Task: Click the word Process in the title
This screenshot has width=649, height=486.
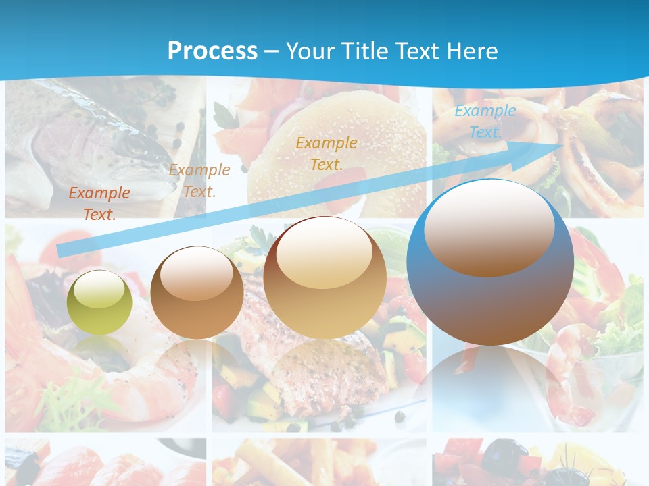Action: point(212,51)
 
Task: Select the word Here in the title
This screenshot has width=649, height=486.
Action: point(473,51)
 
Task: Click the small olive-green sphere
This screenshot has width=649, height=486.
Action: point(99,302)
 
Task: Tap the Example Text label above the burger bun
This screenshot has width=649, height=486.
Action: point(327,153)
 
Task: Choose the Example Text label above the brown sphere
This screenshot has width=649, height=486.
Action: point(199,181)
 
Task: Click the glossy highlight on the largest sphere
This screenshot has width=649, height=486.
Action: point(489,227)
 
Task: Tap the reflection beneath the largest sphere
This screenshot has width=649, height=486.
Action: point(490,385)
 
